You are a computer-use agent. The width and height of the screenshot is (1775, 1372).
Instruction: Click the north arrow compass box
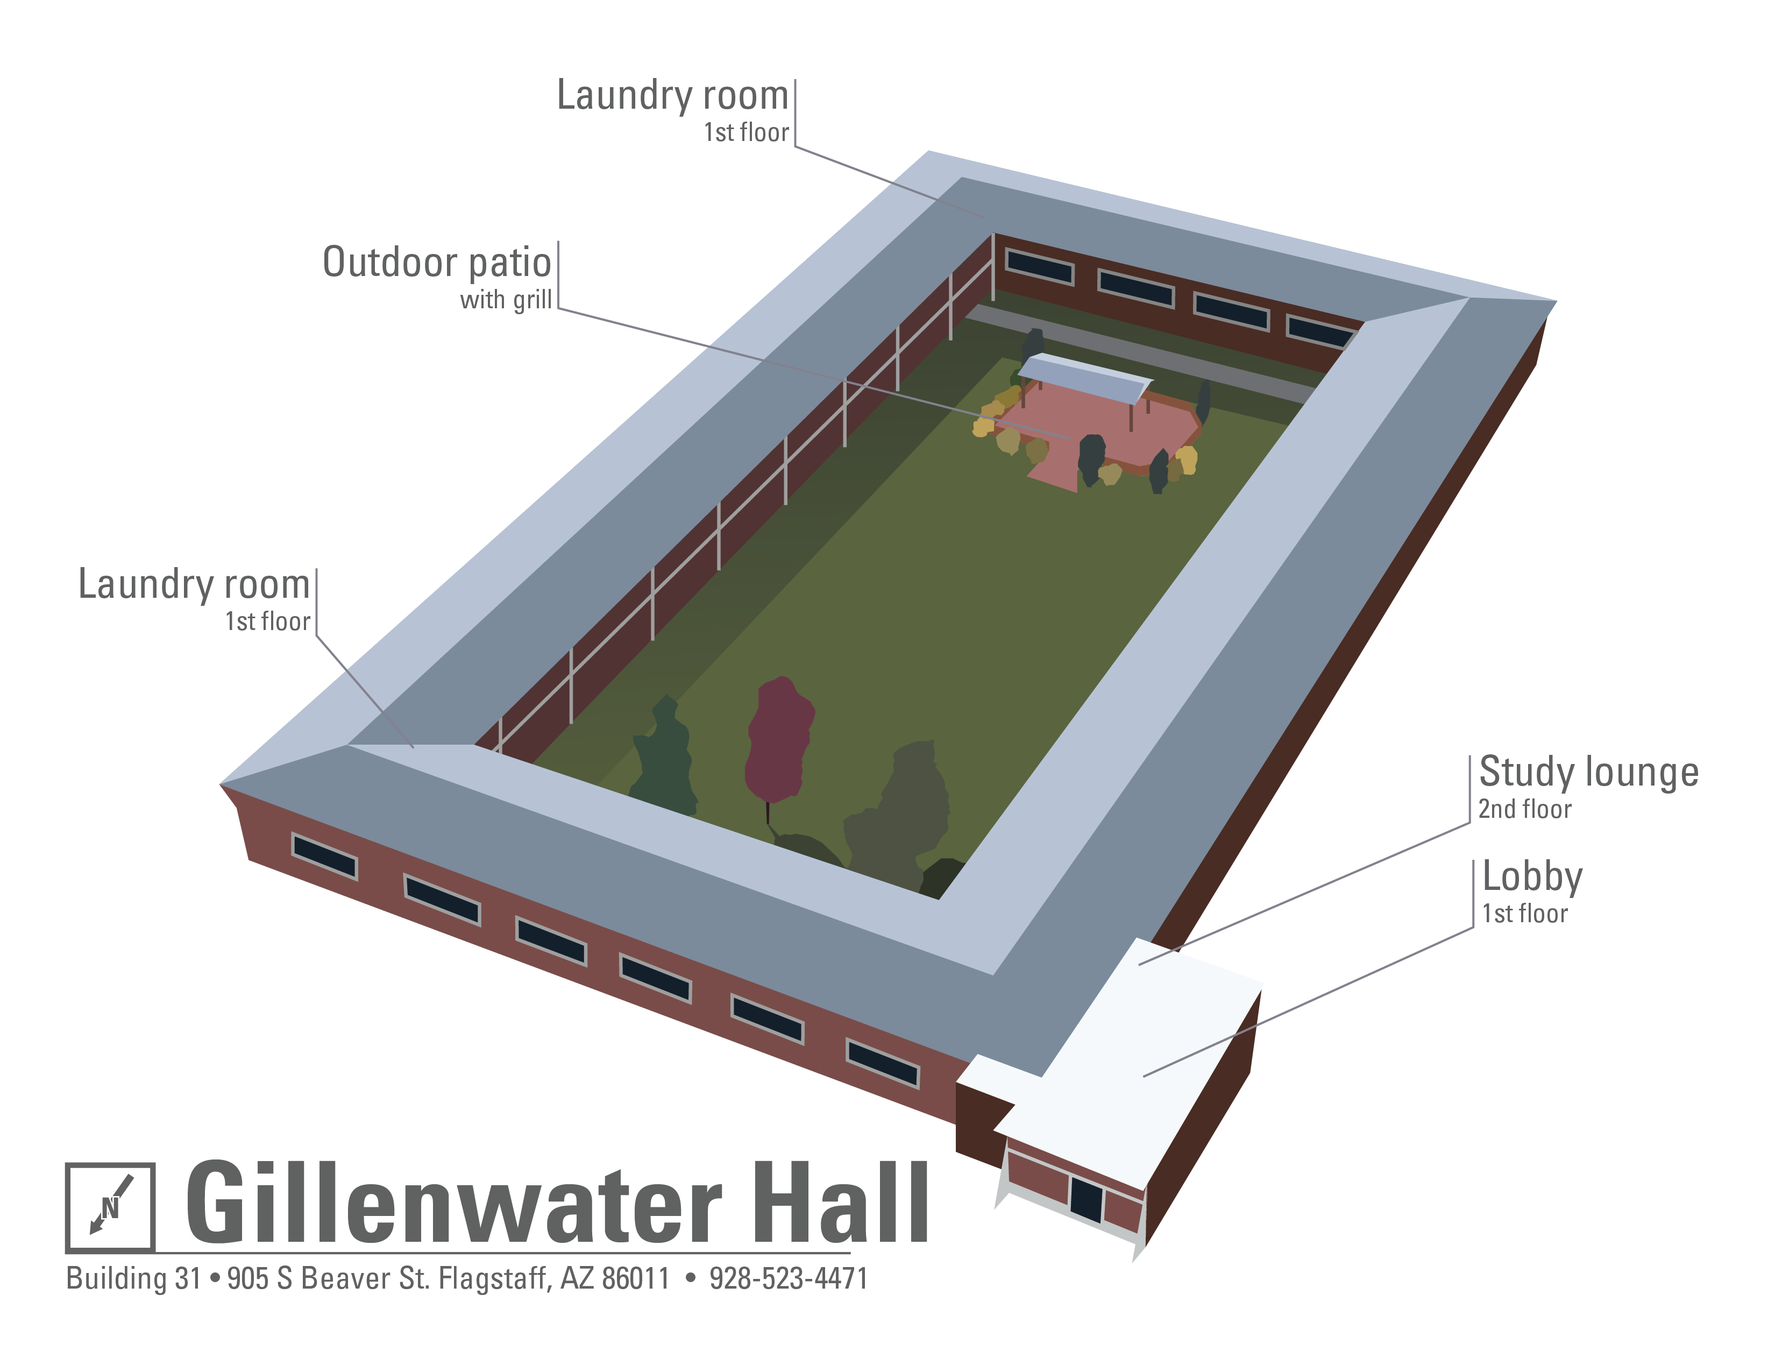pos(110,1207)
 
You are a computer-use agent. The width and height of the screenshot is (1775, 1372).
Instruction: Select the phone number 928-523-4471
pos(789,1278)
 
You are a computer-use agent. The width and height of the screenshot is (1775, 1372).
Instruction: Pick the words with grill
pos(506,300)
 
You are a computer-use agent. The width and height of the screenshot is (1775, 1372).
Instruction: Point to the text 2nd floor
pos(1525,810)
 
